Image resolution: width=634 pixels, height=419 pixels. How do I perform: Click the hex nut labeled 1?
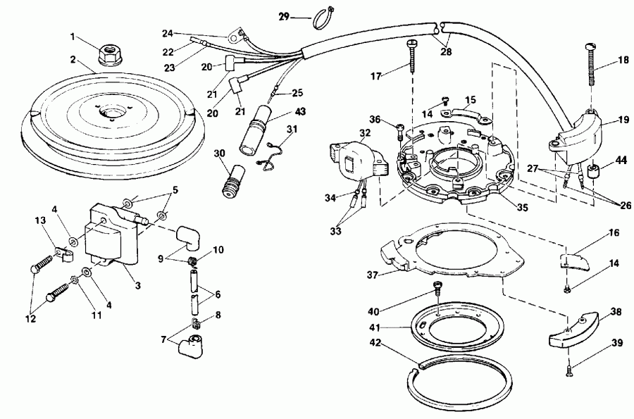pos(108,51)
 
